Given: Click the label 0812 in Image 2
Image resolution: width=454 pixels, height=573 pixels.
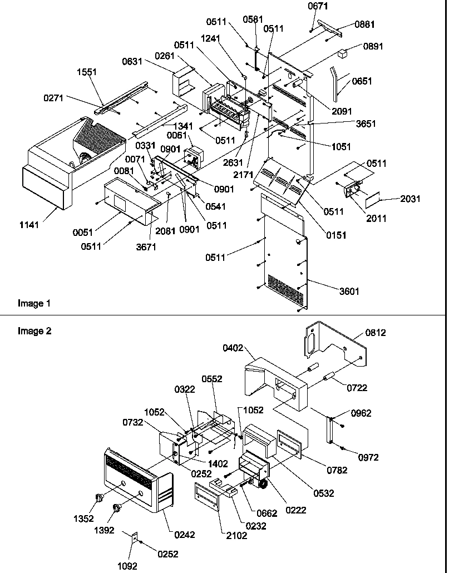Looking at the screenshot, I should tap(376, 333).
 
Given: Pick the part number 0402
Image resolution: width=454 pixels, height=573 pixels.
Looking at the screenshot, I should tap(234, 348).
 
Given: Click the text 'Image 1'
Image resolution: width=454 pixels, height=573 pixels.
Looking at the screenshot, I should tap(34, 303).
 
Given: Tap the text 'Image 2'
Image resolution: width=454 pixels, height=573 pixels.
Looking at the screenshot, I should tap(34, 331).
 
